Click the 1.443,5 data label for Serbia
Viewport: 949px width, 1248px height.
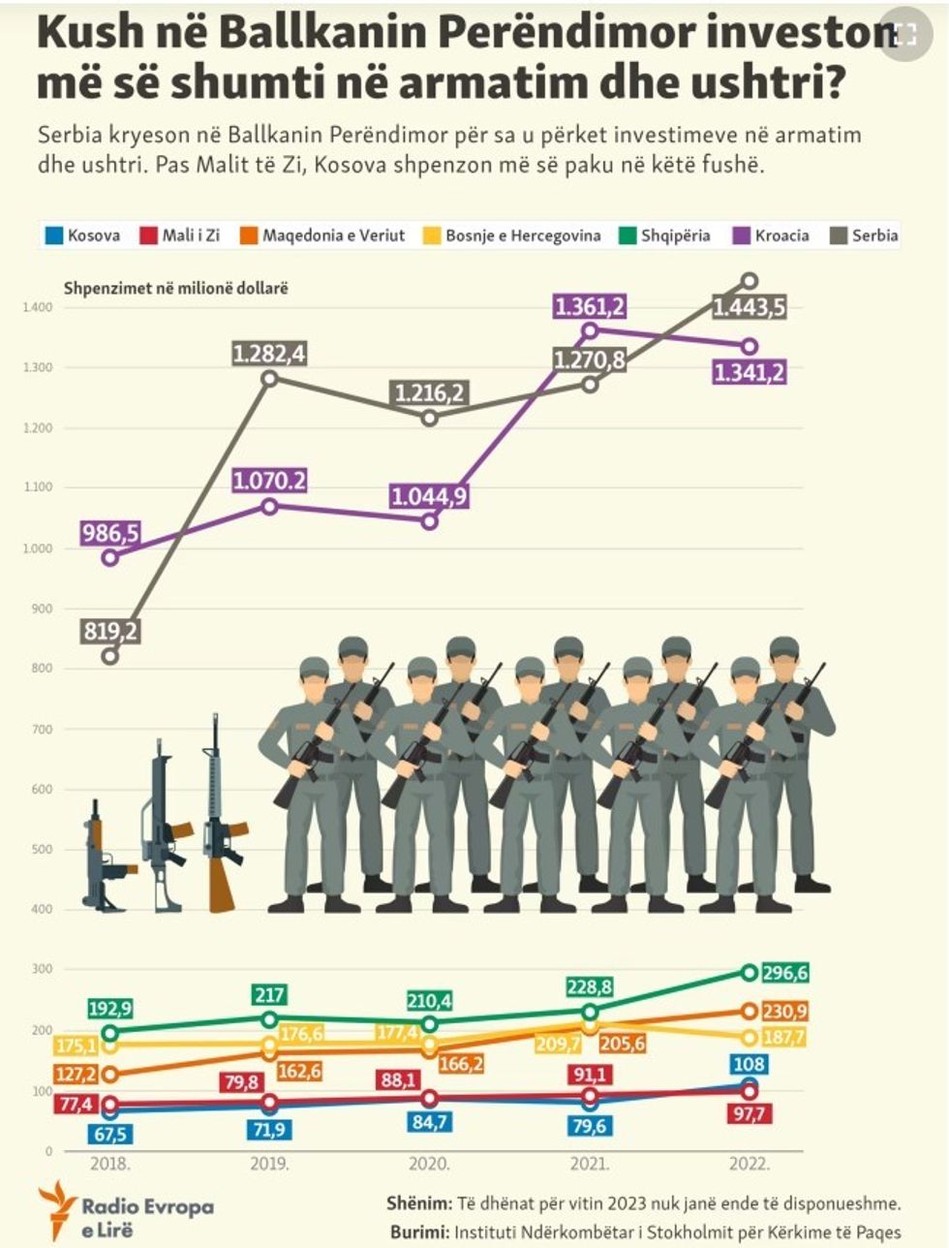749,308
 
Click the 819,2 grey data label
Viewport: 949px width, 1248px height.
110,632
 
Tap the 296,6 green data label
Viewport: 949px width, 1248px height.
784,973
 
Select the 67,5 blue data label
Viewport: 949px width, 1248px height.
109,1134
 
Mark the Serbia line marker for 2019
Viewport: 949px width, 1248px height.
270,378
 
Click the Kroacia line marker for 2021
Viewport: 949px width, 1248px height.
590,330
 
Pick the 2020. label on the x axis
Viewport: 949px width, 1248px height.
429,1164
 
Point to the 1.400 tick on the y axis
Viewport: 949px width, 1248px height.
39,307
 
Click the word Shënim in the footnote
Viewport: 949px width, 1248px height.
418,1204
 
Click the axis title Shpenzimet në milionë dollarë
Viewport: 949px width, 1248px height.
176,288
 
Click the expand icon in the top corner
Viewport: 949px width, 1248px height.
905,35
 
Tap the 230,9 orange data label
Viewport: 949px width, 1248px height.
784,1011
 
